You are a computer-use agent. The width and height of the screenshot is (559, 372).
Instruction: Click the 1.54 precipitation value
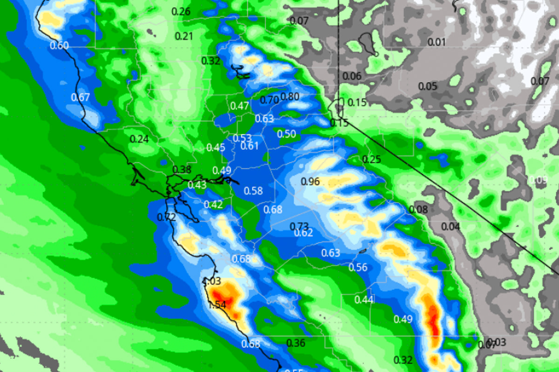click(217, 305)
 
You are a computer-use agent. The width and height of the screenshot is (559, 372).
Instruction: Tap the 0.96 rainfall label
click(311, 181)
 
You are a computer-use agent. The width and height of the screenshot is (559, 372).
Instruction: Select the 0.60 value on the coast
click(59, 45)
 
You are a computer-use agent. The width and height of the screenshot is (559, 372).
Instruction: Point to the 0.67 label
click(80, 97)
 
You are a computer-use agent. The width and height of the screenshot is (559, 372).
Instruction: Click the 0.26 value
click(181, 12)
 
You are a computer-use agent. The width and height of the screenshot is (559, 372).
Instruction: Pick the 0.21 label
click(184, 36)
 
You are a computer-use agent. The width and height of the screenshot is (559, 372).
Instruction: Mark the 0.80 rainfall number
click(290, 97)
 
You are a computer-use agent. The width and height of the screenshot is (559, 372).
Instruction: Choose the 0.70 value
click(269, 100)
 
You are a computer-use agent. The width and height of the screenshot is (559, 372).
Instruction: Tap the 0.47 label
click(239, 106)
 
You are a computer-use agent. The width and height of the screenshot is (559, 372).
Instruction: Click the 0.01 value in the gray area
click(436, 42)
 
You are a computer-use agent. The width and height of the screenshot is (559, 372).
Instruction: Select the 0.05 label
click(428, 86)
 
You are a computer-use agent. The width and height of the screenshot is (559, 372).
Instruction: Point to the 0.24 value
click(139, 139)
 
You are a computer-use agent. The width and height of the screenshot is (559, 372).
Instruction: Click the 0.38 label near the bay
click(182, 170)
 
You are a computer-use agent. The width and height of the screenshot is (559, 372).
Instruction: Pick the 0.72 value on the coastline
click(166, 217)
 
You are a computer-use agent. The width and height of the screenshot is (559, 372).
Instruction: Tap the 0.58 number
click(253, 191)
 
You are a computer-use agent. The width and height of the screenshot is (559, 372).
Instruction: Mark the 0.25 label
click(372, 159)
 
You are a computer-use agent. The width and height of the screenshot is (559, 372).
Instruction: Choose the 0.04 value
click(451, 226)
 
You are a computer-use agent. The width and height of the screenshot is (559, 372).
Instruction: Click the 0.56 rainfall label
click(358, 267)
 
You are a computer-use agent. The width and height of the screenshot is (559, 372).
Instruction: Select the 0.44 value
click(364, 299)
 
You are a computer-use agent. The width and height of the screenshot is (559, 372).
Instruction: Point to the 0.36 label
click(296, 343)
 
